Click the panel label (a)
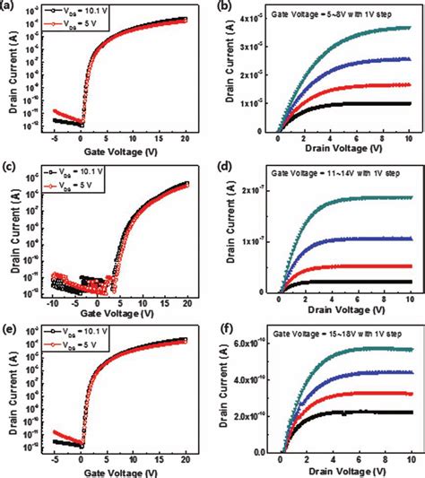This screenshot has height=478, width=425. [10, 6]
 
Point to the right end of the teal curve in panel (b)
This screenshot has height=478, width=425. [410, 28]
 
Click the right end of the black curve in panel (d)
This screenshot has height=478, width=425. [410, 282]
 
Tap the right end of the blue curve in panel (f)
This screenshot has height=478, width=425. [410, 371]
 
